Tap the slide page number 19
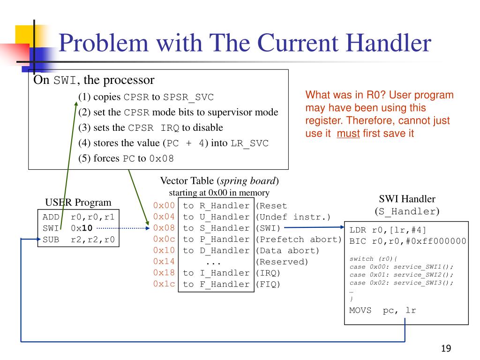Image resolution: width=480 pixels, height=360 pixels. coord(445,348)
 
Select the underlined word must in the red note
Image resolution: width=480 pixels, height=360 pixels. coord(348,133)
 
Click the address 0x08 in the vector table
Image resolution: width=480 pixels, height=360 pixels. coord(164,228)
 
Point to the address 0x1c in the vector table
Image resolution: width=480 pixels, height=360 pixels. coord(164,284)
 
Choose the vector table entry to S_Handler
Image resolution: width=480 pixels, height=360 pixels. coord(216,228)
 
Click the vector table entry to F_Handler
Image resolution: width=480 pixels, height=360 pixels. coord(216,284)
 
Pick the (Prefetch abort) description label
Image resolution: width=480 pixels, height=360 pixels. coord(299,239)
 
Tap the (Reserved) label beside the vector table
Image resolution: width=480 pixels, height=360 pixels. coord(282,262)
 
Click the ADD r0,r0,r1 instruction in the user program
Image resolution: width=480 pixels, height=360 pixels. coord(78,217)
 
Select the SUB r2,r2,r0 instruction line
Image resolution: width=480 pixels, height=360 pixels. coord(78,239)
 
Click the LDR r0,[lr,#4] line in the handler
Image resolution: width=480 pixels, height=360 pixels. coord(388,230)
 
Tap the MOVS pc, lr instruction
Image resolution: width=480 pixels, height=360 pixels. coord(382,310)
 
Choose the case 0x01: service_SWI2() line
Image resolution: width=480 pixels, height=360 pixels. coord(402,274)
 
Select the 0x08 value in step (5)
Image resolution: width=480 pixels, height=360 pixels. coord(161,158)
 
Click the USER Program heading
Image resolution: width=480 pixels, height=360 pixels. coord(78,202)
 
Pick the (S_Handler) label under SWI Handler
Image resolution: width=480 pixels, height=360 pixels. coord(407,211)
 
